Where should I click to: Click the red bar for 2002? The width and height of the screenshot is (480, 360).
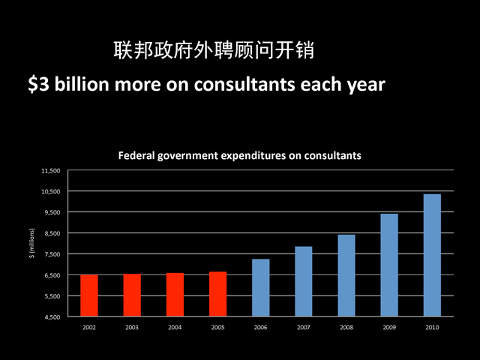pyautogui.click(x=89, y=295)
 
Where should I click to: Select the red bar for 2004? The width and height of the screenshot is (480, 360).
pyautogui.click(x=175, y=295)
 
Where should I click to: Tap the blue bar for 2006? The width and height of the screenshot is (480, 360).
pyautogui.click(x=260, y=288)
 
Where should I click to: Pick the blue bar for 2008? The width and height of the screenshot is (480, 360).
pyautogui.click(x=346, y=275)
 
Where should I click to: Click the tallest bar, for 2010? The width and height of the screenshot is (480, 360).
pyautogui.click(x=432, y=255)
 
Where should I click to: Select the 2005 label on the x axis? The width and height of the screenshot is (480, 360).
pyautogui.click(x=217, y=328)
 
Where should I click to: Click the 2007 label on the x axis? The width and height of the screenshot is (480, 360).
pyautogui.click(x=303, y=328)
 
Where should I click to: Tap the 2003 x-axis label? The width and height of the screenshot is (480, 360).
pyautogui.click(x=132, y=328)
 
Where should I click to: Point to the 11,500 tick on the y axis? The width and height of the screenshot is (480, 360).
pyautogui.click(x=49, y=170)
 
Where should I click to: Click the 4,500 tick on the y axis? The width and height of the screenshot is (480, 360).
pyautogui.click(x=51, y=317)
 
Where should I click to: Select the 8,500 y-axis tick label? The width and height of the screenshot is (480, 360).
pyautogui.click(x=51, y=233)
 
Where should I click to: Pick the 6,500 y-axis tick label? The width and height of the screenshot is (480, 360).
pyautogui.click(x=51, y=275)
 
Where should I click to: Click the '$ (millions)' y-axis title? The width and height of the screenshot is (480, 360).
pyautogui.click(x=31, y=244)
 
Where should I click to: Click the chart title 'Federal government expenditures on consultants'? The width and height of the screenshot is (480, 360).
pyautogui.click(x=240, y=156)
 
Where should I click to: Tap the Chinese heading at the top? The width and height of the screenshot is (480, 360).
pyautogui.click(x=213, y=52)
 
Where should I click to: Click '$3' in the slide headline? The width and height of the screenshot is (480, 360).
pyautogui.click(x=37, y=85)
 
